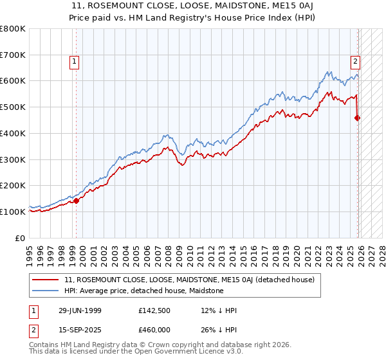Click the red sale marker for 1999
[77, 201]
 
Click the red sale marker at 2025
[358, 118]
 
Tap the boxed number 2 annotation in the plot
[354, 62]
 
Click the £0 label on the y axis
[21, 238]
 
